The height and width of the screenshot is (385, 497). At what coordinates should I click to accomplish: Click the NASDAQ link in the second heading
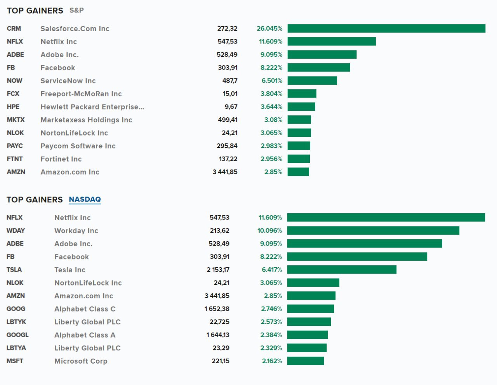85,199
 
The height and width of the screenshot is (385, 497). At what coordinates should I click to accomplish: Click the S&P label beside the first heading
76,10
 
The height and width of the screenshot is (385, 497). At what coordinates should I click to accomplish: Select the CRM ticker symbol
14,28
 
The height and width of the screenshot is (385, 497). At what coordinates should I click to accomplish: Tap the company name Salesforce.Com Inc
75,28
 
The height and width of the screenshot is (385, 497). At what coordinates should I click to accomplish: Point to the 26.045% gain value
269,28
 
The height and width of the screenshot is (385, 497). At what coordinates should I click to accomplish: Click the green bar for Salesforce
386,28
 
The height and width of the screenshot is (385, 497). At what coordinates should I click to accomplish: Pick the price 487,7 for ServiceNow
230,80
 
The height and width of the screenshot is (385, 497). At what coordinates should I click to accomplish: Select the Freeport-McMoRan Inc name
81,94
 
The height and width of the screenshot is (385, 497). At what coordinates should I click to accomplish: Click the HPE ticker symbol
13,106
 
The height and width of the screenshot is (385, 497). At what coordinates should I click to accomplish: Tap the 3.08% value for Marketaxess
273,120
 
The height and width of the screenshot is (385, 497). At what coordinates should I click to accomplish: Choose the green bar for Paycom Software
299,146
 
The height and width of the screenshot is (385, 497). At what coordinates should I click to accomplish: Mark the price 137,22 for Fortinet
228,159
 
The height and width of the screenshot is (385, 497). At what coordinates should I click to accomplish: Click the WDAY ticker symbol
16,230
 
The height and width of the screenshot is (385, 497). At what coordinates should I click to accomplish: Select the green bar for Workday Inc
373,230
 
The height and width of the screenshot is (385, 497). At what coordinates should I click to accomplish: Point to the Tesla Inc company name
70,270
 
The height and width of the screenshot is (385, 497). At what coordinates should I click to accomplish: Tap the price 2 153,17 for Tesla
218,270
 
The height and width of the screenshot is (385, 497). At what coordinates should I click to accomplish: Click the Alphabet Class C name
85,309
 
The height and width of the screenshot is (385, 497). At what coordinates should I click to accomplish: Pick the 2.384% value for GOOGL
271,334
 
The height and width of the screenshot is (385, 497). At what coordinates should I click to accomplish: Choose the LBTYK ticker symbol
16,322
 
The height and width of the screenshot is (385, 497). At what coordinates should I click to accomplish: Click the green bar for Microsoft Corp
306,361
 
